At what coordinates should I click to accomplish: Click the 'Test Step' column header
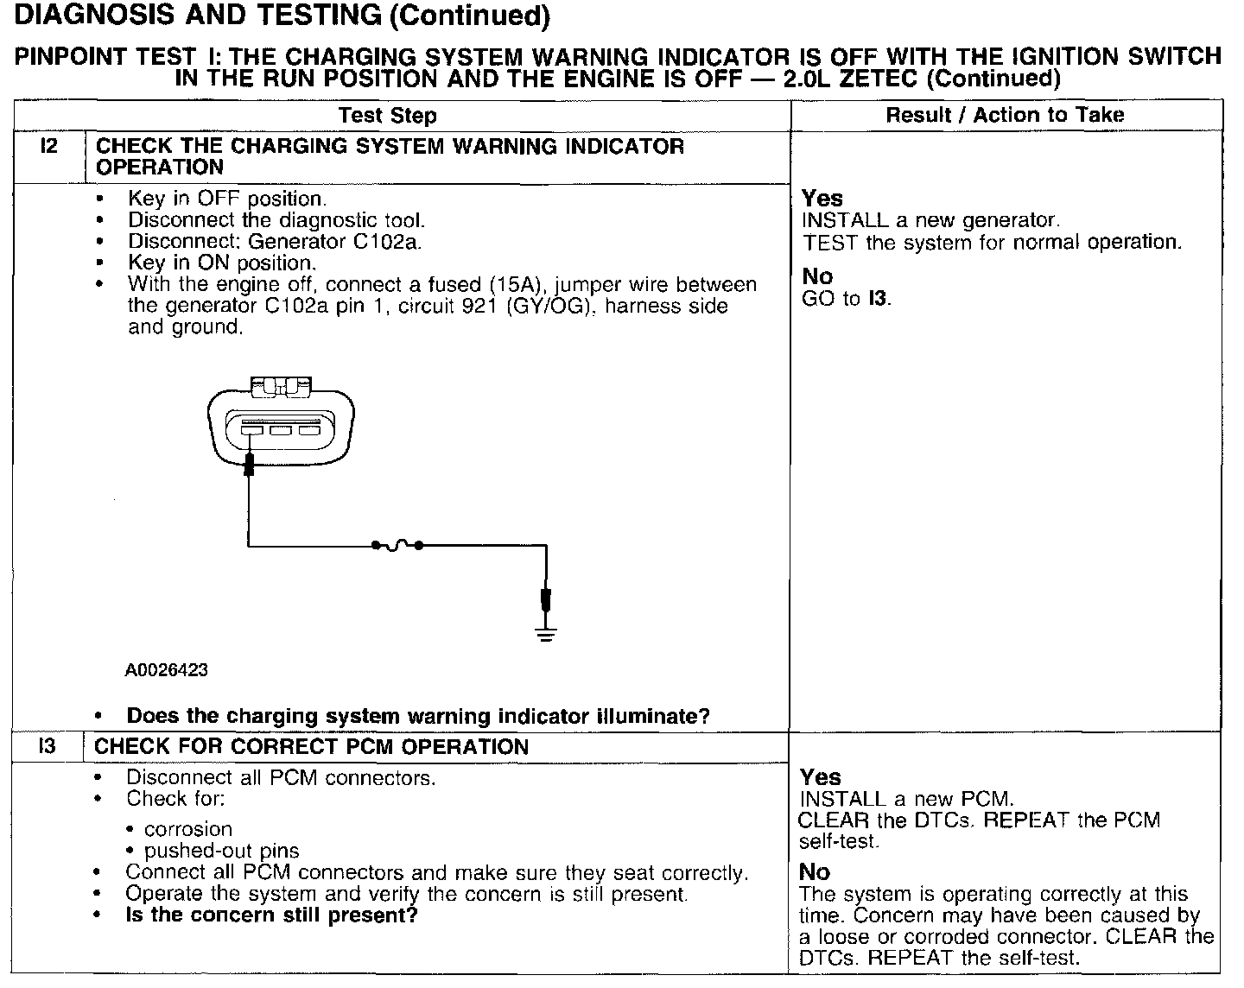click(x=387, y=115)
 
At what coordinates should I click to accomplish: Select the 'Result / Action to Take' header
click(x=1005, y=115)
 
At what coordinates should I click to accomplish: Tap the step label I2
click(x=49, y=146)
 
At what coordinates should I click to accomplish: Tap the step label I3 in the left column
click(x=48, y=746)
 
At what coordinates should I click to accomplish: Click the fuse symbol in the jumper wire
click(x=397, y=546)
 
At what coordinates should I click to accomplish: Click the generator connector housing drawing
click(x=281, y=426)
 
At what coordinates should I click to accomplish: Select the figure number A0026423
click(x=167, y=670)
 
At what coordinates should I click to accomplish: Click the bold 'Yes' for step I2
click(x=822, y=199)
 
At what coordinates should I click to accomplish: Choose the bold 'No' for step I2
click(x=817, y=276)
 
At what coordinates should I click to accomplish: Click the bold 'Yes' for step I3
click(x=820, y=777)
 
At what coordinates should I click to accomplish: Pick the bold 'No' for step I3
click(x=815, y=872)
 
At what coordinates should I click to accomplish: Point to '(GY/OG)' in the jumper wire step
click(x=536, y=307)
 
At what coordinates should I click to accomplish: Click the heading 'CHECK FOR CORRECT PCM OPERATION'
click(x=311, y=746)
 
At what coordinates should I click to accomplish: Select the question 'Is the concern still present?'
click(x=271, y=915)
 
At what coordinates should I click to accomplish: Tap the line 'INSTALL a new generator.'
click(x=930, y=220)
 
